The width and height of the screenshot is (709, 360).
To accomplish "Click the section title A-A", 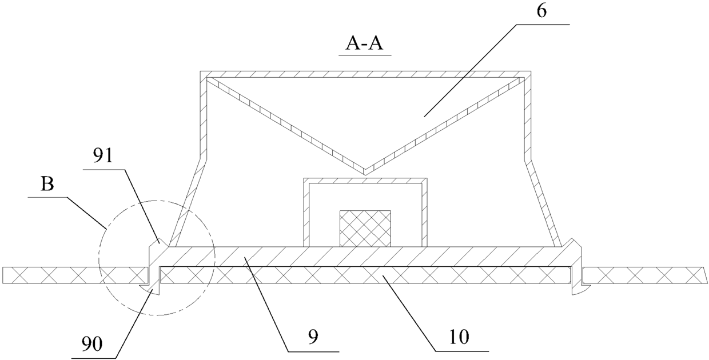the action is coord(364,43).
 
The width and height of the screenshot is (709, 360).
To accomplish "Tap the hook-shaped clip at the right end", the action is coord(577,289).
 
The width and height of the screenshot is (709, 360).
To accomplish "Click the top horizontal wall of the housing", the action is coord(366,74).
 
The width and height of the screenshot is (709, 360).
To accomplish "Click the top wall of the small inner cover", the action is coord(365,181).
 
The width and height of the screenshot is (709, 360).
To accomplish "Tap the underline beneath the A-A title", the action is coord(364,55).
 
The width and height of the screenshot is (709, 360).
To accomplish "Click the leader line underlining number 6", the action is coord(543,25).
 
